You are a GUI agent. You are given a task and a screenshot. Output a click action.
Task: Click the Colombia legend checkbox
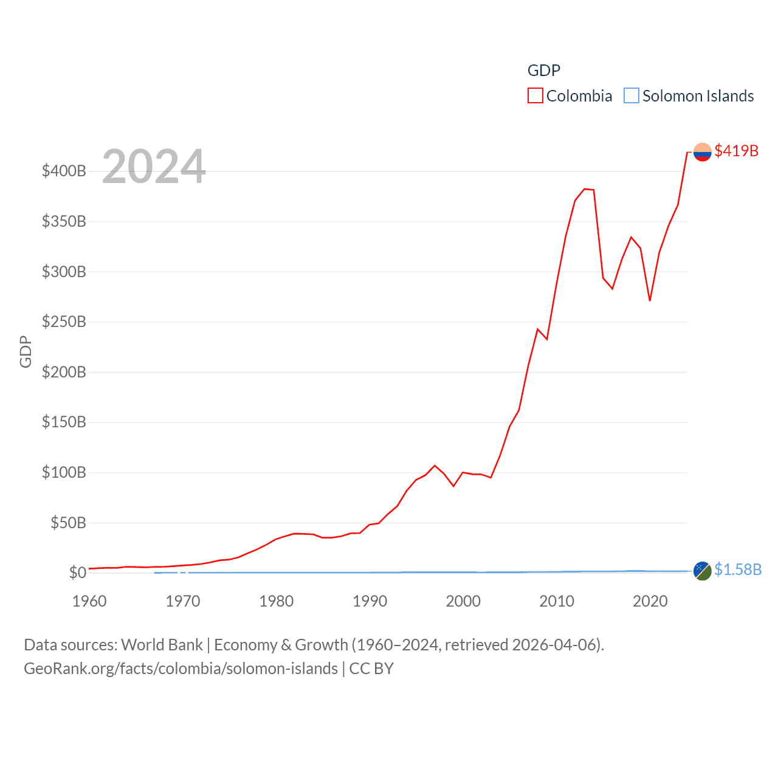pos(535,96)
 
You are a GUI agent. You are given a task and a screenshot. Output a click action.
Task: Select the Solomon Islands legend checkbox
pos(632,96)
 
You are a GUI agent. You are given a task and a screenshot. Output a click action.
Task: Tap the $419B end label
pos(736,151)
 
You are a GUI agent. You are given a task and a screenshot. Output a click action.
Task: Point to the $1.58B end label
pos(737,570)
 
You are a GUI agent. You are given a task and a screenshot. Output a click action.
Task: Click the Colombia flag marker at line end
pos(702,152)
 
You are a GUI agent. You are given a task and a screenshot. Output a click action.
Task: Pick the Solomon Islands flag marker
pos(702,571)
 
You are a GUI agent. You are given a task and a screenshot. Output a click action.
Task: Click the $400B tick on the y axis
pos(64,171)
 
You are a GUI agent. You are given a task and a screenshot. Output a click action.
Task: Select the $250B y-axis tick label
pos(64,322)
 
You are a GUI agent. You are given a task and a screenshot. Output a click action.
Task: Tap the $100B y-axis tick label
pos(64,472)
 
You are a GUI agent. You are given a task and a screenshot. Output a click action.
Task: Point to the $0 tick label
pos(77,573)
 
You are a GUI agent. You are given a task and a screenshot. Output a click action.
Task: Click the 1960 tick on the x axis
pos(89,601)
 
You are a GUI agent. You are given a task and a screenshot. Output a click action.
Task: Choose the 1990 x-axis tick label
pos(370,601)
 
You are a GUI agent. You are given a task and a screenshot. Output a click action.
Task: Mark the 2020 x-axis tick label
pos(650,601)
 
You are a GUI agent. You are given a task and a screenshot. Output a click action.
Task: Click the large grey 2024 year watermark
pos(154,167)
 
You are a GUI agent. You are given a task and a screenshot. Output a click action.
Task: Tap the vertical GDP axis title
pos(26,351)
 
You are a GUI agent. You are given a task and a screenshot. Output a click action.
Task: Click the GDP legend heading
pos(543,71)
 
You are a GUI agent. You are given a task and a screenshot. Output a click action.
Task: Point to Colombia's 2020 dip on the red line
pos(650,300)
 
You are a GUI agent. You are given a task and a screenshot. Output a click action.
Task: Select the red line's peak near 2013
pos(585,189)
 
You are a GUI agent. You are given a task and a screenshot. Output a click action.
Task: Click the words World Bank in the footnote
pos(162,644)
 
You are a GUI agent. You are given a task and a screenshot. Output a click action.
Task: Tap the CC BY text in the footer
pos(371,669)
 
